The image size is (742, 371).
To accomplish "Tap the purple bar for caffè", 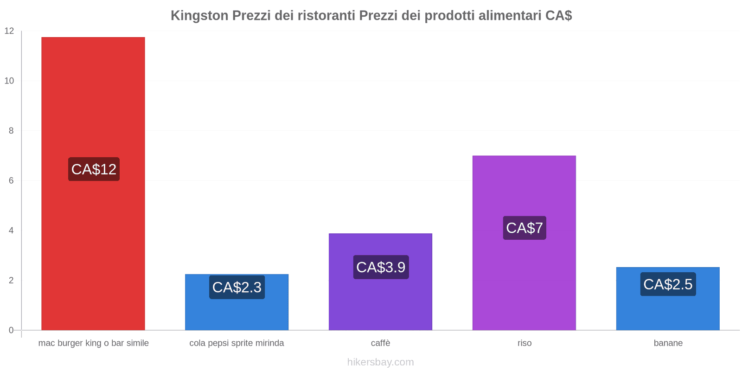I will pyautogui.click(x=380, y=301).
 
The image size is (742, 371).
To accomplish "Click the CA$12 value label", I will pyautogui.click(x=94, y=169).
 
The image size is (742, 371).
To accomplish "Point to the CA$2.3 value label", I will pyautogui.click(x=237, y=287).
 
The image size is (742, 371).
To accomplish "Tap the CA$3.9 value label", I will pyautogui.click(x=381, y=267).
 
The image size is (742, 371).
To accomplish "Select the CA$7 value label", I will pyautogui.click(x=525, y=228).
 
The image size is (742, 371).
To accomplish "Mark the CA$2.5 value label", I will pyautogui.click(x=668, y=284).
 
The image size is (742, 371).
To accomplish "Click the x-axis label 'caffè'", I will pyautogui.click(x=380, y=343).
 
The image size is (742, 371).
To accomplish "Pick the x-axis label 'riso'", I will pyautogui.click(x=525, y=343).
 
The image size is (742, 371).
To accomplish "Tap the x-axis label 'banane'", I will pyautogui.click(x=668, y=343).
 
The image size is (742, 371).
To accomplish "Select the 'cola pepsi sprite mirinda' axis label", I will pyautogui.click(x=237, y=343).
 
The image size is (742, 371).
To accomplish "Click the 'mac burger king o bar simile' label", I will pyautogui.click(x=94, y=343).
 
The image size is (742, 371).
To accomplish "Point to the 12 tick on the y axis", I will pyautogui.click(x=9, y=31).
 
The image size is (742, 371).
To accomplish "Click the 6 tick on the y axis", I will pyautogui.click(x=11, y=181).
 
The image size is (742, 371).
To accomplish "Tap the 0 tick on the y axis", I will pyautogui.click(x=11, y=330).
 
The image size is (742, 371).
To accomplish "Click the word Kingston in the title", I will pyautogui.click(x=199, y=16).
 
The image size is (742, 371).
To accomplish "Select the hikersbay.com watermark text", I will pyautogui.click(x=380, y=362).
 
